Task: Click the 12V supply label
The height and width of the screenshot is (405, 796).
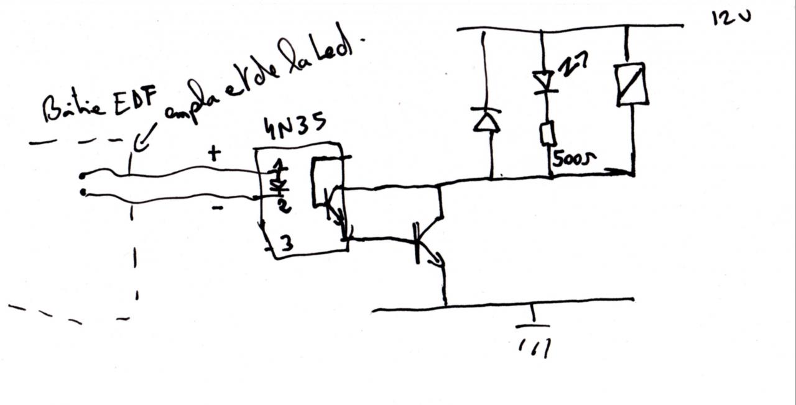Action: [x=731, y=17]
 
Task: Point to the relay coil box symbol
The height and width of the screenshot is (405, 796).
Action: [x=632, y=84]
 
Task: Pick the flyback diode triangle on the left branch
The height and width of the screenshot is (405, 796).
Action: [x=487, y=121]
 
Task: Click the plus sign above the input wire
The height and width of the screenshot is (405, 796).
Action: [x=214, y=153]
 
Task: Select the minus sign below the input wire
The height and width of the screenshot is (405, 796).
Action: [x=217, y=208]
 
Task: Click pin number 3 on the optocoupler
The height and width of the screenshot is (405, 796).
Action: [x=286, y=243]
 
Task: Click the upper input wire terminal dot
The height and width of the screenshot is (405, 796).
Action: [x=83, y=176]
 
